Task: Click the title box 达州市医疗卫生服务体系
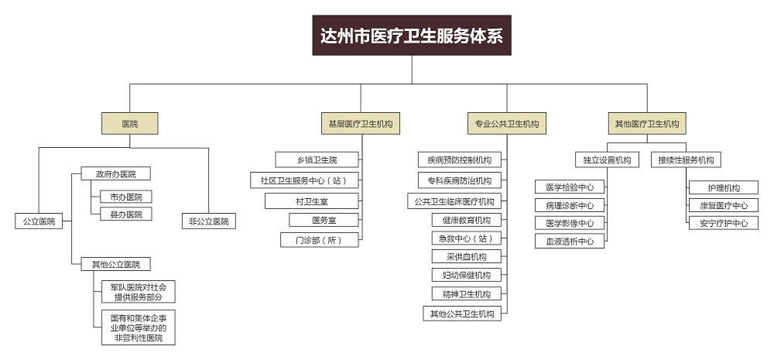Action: pyautogui.click(x=412, y=35)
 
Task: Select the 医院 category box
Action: pyautogui.click(x=130, y=123)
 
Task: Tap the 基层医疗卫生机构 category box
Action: pyautogui.click(x=361, y=123)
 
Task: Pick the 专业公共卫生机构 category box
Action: pyautogui.click(x=507, y=123)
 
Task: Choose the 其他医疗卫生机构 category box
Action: pyautogui.click(x=647, y=123)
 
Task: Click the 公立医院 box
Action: pyautogui.click(x=39, y=221)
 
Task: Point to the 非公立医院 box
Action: pyautogui.click(x=209, y=221)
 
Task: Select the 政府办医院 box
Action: pyautogui.click(x=116, y=174)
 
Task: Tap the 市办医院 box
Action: pyautogui.click(x=126, y=197)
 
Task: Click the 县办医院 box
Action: pyautogui.click(x=126, y=214)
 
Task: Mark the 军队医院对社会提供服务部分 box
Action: pyautogui.click(x=139, y=291)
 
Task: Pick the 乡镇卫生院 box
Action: pyautogui.click(x=317, y=159)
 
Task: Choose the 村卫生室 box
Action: pyautogui.click(x=311, y=201)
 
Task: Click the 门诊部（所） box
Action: pyautogui.click(x=320, y=240)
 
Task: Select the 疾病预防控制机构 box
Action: pyautogui.click(x=460, y=159)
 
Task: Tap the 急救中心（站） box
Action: pyautogui.click(x=467, y=238)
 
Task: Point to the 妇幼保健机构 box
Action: pyautogui.click(x=467, y=275)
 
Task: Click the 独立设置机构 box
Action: pyautogui.click(x=607, y=159)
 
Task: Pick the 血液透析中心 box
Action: pyautogui.click(x=570, y=241)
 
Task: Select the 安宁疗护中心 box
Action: pyautogui.click(x=724, y=223)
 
